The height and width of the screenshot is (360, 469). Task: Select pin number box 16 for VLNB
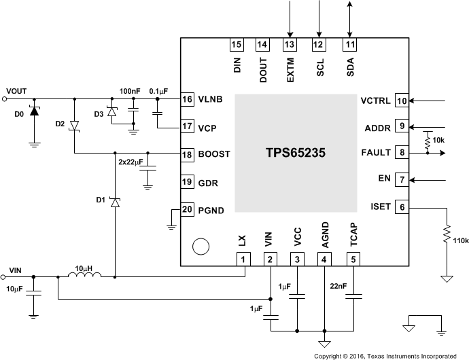[x=188, y=99]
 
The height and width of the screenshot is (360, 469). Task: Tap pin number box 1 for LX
[x=243, y=259]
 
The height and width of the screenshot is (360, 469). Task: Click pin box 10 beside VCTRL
[x=402, y=101]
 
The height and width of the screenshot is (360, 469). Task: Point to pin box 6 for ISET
[x=402, y=207]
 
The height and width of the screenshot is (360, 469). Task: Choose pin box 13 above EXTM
[x=290, y=45]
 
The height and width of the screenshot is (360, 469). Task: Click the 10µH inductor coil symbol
[x=85, y=276]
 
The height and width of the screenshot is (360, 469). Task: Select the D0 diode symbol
[x=33, y=111]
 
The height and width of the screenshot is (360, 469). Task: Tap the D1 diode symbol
[x=115, y=202]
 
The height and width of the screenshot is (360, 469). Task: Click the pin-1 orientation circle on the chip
[x=198, y=247]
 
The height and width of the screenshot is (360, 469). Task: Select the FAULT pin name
[x=378, y=154]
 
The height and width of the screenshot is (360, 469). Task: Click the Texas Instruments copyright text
[x=385, y=355]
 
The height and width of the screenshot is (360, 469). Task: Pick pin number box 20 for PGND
[x=188, y=209]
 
